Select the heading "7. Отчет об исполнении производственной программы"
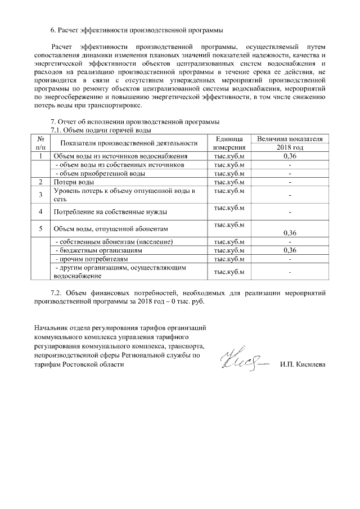(x=135, y=122)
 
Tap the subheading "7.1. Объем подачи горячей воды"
(x=101, y=130)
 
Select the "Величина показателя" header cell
(x=289, y=138)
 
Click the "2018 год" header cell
(x=289, y=147)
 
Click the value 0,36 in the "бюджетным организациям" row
(x=290, y=250)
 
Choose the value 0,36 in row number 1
(x=290, y=156)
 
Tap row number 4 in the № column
(x=40, y=212)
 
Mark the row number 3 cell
(x=40, y=195)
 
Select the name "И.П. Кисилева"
(x=302, y=364)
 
